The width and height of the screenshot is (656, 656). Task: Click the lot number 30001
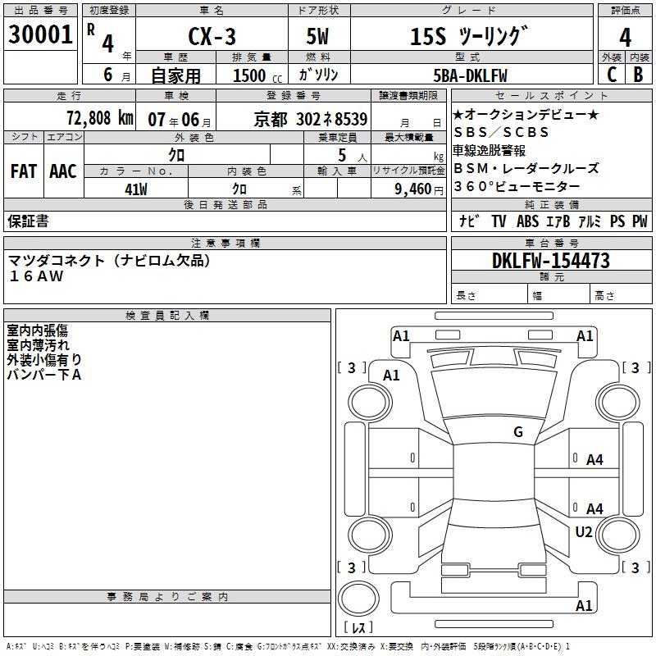click(41, 34)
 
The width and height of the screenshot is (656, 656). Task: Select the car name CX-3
click(211, 36)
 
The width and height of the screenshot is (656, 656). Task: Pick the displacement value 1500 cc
click(255, 75)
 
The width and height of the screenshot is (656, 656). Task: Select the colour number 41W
click(135, 189)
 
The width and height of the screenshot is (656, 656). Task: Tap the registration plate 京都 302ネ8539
click(311, 118)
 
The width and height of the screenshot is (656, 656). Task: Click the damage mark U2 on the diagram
click(583, 531)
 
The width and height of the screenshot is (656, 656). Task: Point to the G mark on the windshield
click(517, 432)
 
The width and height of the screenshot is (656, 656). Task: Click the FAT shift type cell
click(24, 171)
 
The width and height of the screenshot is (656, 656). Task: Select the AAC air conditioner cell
click(62, 171)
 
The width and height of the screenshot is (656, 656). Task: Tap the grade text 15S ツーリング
click(465, 36)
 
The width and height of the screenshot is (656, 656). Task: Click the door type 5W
click(318, 36)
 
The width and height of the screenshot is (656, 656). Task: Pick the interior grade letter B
click(638, 75)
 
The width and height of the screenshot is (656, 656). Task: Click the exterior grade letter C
click(611, 75)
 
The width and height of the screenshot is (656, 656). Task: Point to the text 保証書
click(28, 221)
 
